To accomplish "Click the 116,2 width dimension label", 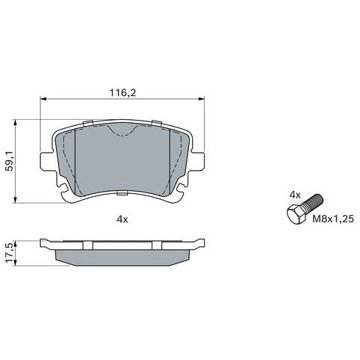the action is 123,93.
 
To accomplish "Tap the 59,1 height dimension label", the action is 10,161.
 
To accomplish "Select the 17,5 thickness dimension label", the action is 10,252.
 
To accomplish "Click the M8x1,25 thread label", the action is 333,219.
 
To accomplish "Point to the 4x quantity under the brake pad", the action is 122,219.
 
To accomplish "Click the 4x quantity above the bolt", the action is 295,195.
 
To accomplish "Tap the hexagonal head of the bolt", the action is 295,214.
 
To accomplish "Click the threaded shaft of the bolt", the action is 313,202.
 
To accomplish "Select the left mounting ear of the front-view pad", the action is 47,162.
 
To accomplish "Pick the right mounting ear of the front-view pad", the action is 198,162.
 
